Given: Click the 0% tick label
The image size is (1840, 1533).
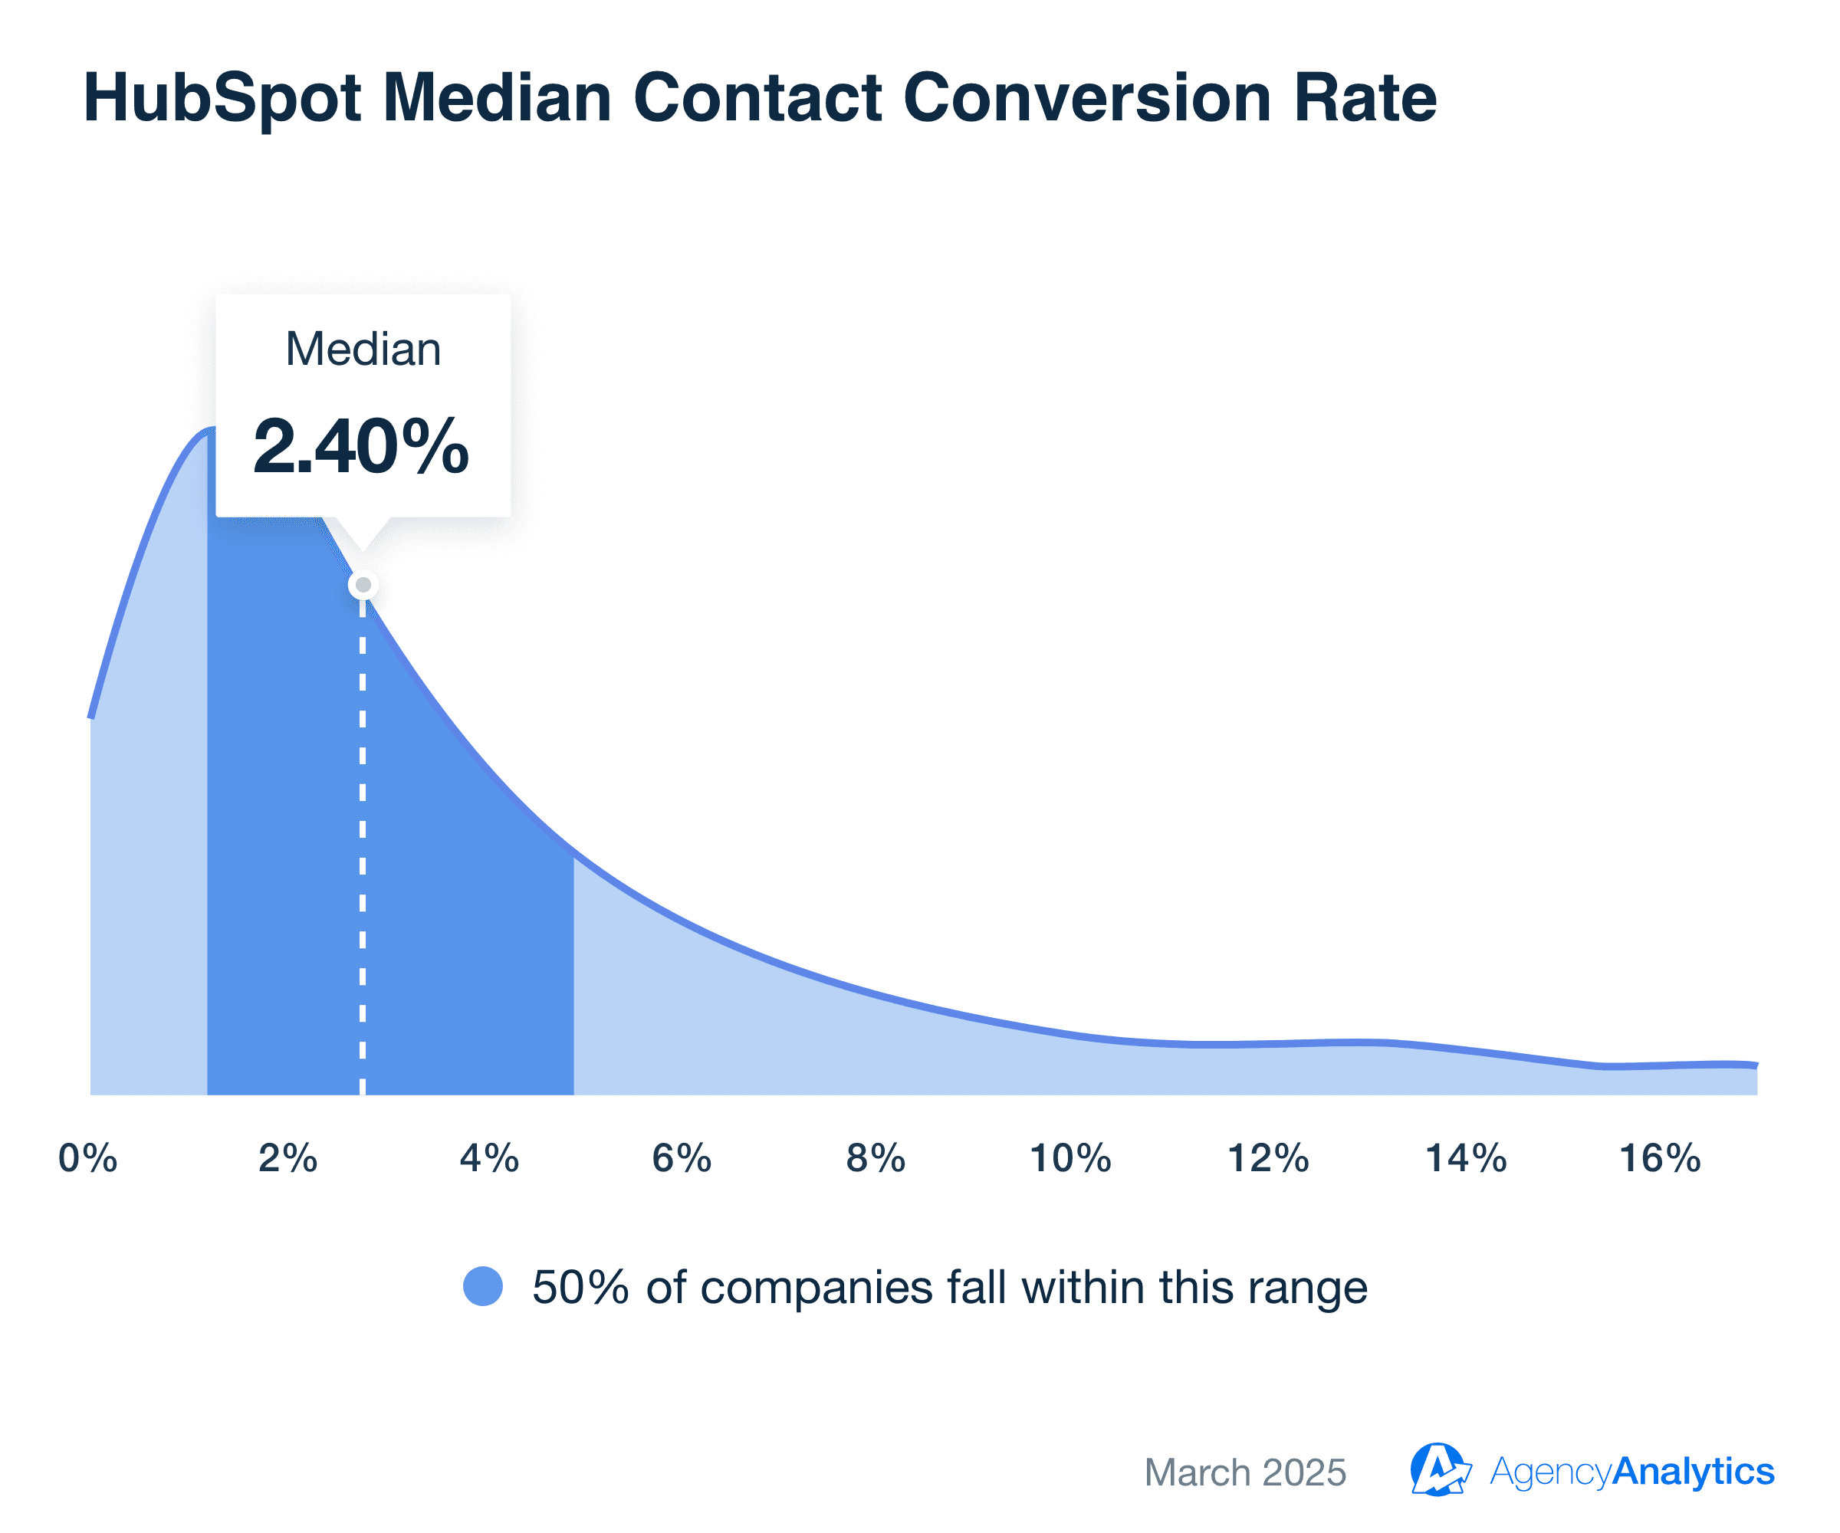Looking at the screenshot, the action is coord(87,1158).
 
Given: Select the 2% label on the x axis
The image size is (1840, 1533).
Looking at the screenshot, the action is coord(287,1158).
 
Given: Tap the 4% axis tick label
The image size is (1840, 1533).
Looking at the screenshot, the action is coord(489,1158).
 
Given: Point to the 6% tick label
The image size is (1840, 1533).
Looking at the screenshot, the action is coord(682,1158).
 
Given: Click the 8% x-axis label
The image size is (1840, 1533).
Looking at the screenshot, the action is coord(876,1158).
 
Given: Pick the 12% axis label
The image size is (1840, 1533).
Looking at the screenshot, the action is coord(1268,1158).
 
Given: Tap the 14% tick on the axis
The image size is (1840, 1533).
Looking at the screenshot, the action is coord(1466,1158).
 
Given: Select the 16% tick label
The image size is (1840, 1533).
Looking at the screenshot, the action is coord(1661,1158).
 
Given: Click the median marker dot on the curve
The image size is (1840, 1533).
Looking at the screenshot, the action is coord(363,584).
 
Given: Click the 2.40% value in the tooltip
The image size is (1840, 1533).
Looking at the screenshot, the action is coord(361,447).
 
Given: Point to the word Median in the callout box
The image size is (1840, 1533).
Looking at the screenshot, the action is coord(363,349).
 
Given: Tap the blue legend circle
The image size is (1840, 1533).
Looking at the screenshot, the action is coord(483,1286).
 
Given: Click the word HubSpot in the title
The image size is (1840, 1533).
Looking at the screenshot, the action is coord(222,99).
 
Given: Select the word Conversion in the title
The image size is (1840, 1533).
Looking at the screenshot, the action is coord(1086,97).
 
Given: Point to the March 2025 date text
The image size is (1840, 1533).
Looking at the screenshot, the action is coord(1245,1472).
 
